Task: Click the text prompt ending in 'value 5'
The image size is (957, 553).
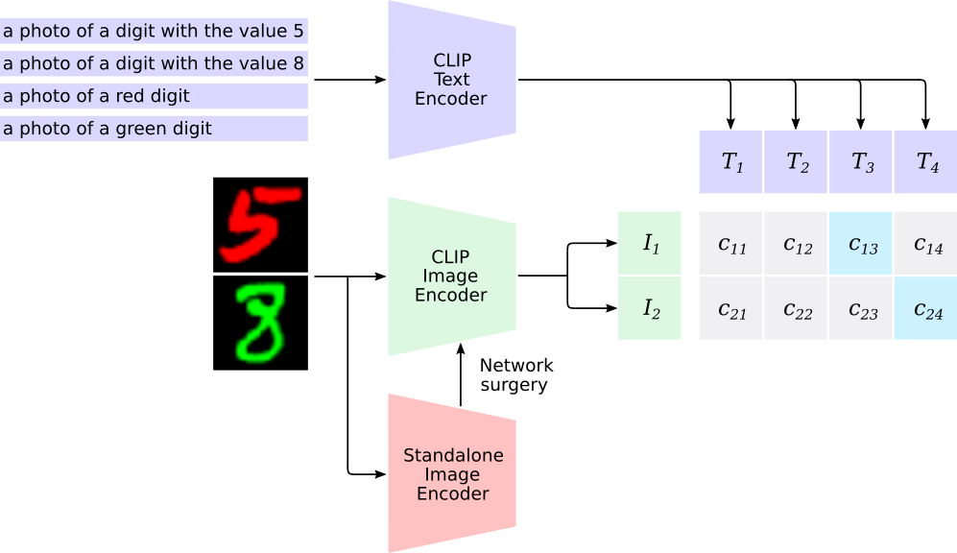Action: pos(154,32)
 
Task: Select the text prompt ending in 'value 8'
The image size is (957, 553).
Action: pos(154,64)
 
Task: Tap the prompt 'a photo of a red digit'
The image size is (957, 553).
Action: pos(154,96)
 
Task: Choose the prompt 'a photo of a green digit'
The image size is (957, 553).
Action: pos(154,129)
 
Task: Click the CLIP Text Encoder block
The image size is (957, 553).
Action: pos(451,80)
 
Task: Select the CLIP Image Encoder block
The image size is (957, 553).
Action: pos(451,276)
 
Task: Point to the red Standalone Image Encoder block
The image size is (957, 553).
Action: pos(451,474)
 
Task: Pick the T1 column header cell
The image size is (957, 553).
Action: pos(730,162)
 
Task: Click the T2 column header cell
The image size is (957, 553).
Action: pos(796,162)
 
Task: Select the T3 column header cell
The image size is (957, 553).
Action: pos(861,162)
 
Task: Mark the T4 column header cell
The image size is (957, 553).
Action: pos(925,162)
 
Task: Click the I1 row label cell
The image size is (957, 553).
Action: pos(650,244)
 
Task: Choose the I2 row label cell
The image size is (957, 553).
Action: pos(650,308)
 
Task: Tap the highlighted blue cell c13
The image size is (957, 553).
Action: pos(861,244)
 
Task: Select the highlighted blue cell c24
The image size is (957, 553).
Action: pos(925,308)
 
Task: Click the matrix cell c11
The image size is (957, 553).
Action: pos(730,244)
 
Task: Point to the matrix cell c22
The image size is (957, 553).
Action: pos(796,308)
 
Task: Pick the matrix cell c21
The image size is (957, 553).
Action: pos(730,308)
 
